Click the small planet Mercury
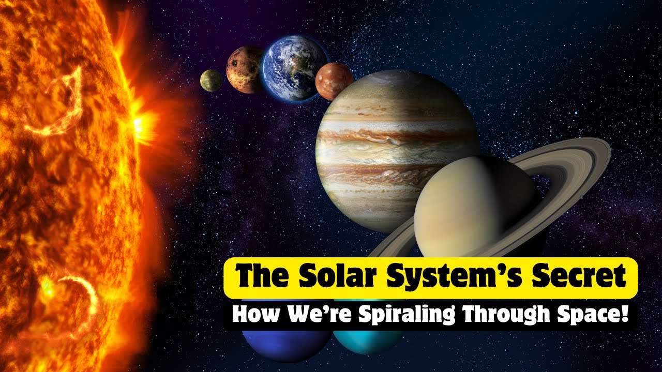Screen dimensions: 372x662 (211, 80)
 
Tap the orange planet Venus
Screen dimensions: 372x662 (244, 70)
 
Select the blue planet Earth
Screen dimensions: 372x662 (293, 67)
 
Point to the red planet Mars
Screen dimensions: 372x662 (334, 81)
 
